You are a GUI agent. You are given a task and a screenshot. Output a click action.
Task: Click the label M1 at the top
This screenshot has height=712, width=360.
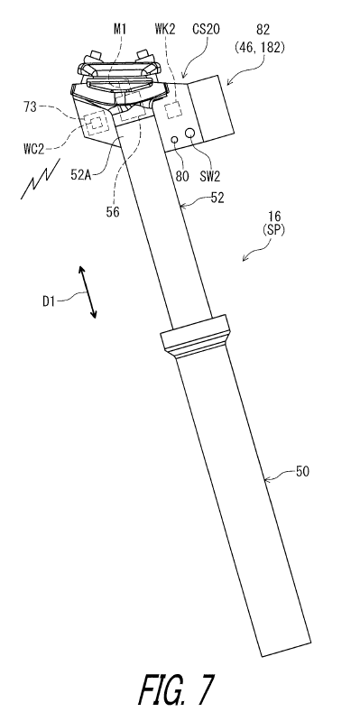click(x=120, y=30)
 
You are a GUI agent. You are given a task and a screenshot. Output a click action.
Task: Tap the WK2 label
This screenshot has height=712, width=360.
click(x=164, y=30)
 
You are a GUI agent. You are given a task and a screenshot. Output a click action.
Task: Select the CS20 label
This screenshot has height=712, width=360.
click(x=207, y=30)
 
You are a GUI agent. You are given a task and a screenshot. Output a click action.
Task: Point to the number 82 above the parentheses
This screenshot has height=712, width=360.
click(x=263, y=30)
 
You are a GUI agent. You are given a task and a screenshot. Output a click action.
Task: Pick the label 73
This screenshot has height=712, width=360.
click(x=31, y=107)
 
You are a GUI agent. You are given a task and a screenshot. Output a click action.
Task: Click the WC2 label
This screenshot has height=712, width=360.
click(x=34, y=148)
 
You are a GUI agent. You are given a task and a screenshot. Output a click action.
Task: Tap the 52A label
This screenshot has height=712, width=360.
click(x=81, y=174)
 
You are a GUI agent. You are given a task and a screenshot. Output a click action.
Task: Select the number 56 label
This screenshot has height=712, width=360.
click(x=113, y=211)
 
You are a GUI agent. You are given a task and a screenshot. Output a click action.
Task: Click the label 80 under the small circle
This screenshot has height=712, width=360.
click(x=182, y=176)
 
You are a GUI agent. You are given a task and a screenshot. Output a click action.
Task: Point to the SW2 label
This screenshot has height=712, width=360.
click(x=209, y=176)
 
